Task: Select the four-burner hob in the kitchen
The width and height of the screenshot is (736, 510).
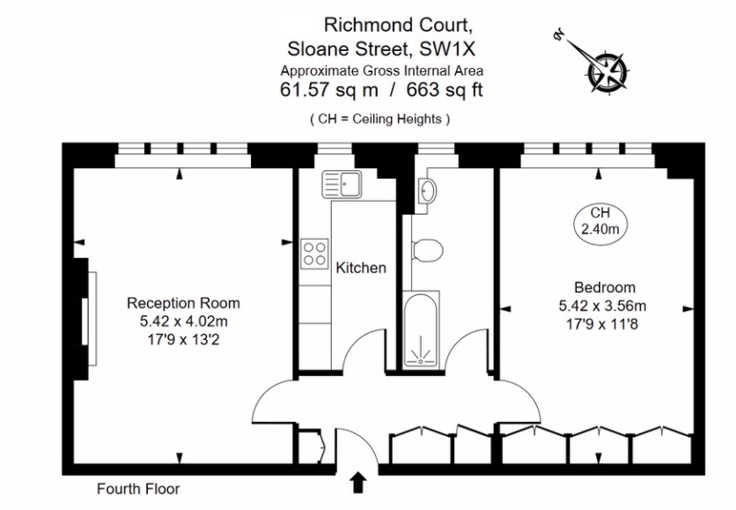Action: (315, 254)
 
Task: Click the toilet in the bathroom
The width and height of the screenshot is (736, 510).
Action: (429, 249)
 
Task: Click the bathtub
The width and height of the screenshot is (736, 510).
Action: (420, 332)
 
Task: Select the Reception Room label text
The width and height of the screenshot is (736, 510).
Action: (183, 303)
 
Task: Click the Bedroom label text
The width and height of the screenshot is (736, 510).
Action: (604, 287)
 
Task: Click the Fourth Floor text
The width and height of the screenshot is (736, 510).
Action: (138, 488)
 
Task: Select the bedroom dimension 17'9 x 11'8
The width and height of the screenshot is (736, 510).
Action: (604, 322)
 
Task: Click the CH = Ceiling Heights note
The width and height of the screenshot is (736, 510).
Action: (380, 118)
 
